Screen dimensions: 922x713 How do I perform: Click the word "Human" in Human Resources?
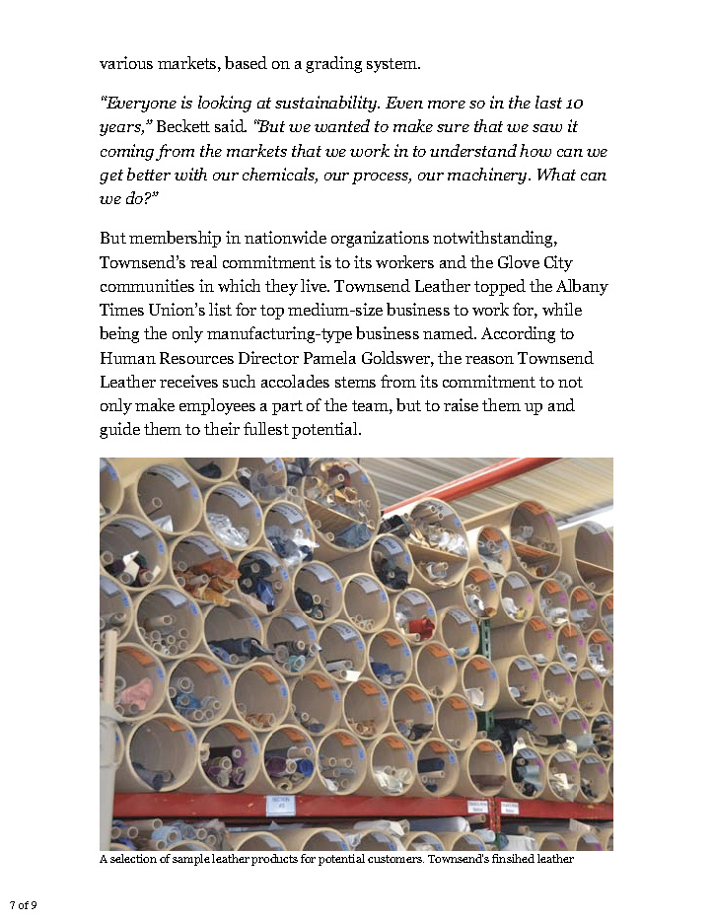tap(125, 358)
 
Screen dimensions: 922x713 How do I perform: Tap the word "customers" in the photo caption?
tap(423, 860)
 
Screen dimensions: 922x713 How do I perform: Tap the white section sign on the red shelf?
tap(281, 805)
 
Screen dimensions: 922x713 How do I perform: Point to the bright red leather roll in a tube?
tap(422, 628)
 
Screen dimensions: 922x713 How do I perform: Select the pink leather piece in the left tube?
tap(136, 693)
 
